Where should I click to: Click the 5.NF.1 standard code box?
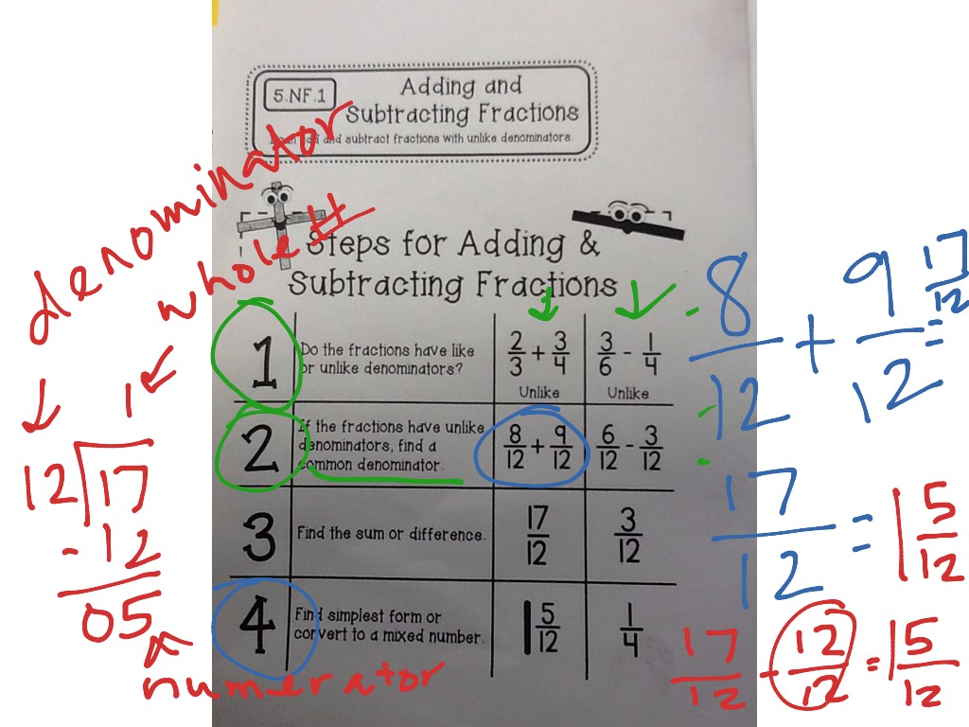tap(293, 95)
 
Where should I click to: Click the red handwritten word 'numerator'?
tap(293, 680)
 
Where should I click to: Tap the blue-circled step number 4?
tap(254, 625)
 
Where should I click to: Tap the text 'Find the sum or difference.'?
tap(391, 534)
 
